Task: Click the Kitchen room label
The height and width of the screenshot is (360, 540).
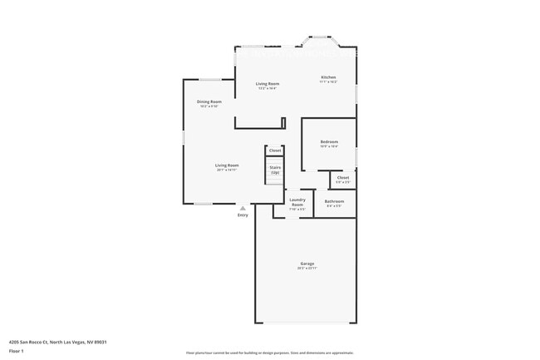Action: click(328, 77)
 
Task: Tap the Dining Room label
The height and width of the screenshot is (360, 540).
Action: click(209, 101)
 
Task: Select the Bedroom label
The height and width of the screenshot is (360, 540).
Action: click(329, 142)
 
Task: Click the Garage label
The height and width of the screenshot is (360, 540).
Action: click(307, 264)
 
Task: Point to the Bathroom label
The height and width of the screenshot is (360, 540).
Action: click(334, 201)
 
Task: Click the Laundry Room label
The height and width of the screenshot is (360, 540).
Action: click(297, 201)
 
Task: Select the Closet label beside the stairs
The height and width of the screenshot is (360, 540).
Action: click(275, 150)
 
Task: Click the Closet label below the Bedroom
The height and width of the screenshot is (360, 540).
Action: click(343, 177)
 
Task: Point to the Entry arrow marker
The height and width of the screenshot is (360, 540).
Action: click(243, 208)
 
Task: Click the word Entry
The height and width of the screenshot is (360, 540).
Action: click(243, 215)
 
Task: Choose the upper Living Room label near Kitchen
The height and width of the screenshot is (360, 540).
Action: click(267, 83)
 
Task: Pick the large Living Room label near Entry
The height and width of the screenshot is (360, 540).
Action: click(227, 165)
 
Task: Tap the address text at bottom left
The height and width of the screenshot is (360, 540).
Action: click(58, 341)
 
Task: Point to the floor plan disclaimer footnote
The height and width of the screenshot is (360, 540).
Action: click(269, 353)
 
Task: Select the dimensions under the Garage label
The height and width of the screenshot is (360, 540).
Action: click(307, 269)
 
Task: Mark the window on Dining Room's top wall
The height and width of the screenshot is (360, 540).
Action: click(209, 80)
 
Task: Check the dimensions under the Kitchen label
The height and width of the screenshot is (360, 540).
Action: click(328, 82)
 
